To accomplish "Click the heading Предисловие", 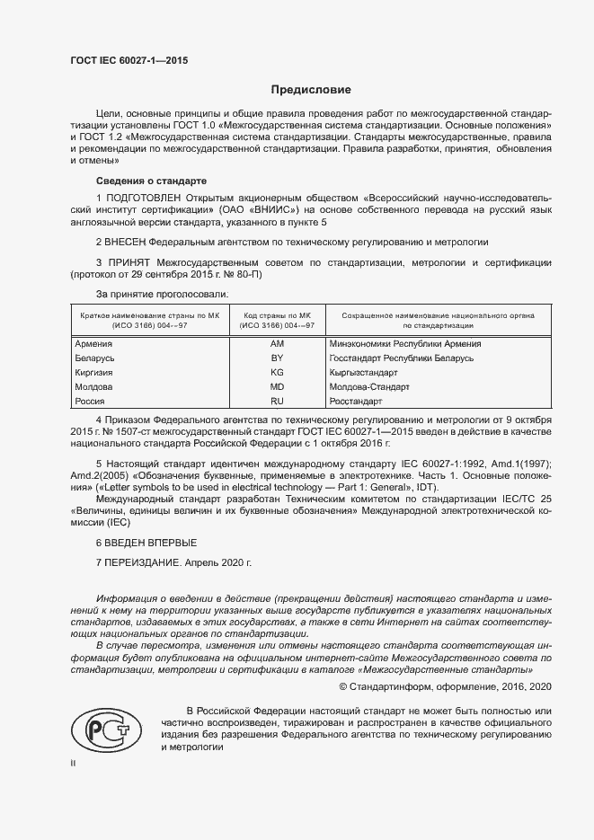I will click(312, 90).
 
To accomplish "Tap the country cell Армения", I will click(93, 344).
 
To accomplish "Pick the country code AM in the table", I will click(277, 344).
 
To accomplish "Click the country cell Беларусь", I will click(94, 358).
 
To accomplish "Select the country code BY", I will click(277, 358).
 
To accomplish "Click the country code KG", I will click(277, 372).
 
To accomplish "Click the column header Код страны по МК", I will click(277, 316).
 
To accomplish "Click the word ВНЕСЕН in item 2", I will click(125, 243).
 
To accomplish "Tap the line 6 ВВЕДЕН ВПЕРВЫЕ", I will click(146, 544).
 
